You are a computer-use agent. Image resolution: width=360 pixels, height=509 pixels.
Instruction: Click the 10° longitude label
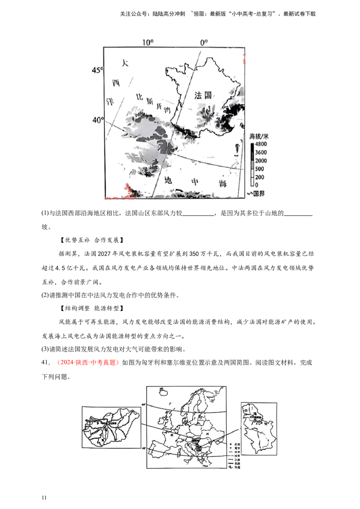(148, 43)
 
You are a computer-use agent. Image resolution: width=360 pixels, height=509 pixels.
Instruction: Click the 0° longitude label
(204, 43)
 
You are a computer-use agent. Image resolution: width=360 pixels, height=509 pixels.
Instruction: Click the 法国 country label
(203, 95)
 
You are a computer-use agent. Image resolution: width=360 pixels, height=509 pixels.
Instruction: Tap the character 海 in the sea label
(222, 184)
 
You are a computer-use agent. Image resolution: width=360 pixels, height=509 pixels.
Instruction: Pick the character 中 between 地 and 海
(195, 182)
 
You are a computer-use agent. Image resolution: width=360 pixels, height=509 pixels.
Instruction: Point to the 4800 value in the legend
(261, 144)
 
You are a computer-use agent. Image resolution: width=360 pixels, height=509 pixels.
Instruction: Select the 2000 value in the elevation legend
(261, 161)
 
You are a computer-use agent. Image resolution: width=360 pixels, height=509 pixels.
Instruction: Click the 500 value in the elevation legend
(259, 169)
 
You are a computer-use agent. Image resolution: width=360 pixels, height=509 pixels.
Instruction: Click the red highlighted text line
(88, 362)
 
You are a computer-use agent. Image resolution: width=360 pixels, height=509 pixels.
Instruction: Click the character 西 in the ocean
(116, 83)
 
